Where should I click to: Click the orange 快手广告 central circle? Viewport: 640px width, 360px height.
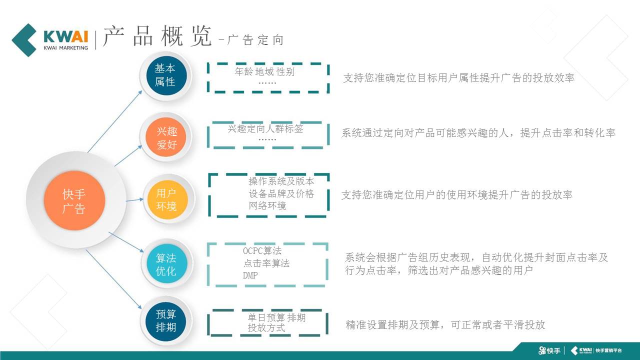click(x=74, y=200)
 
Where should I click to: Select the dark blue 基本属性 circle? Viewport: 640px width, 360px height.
click(x=166, y=75)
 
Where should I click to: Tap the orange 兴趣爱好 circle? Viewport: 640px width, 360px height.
click(x=165, y=137)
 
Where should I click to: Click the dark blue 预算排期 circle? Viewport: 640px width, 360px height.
click(x=165, y=321)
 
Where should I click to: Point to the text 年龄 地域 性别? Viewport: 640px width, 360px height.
click(x=264, y=71)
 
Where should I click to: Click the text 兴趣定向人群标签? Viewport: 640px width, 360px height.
click(x=265, y=128)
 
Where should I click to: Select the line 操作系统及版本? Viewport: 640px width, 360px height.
click(x=281, y=181)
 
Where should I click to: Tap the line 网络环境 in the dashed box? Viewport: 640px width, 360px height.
click(x=267, y=205)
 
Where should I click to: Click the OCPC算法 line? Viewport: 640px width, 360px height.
click(x=262, y=251)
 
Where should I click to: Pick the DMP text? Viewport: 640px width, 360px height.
click(x=250, y=275)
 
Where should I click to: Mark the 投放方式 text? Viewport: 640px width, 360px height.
click(x=266, y=327)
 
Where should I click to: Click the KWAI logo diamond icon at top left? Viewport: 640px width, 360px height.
click(x=24, y=40)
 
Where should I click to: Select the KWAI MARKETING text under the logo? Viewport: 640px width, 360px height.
click(x=65, y=47)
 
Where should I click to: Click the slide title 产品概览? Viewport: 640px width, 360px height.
click(x=157, y=36)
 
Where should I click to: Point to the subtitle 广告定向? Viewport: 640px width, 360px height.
click(x=255, y=40)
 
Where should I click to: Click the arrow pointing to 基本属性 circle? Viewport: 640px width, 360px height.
click(x=115, y=121)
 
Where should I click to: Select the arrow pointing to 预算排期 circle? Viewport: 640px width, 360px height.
click(x=113, y=279)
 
